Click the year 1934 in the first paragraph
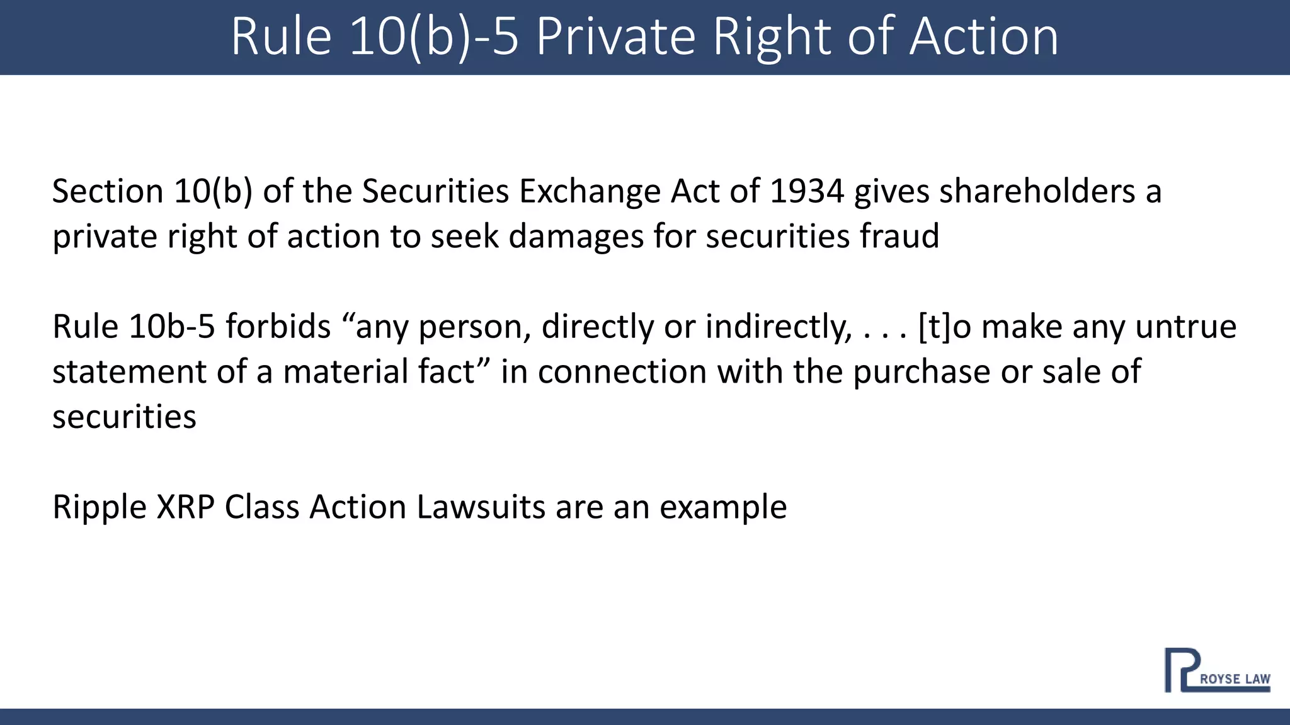806,191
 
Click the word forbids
278,327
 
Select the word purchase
922,372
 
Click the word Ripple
100,507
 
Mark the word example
723,507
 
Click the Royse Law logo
1216,671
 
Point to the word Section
108,191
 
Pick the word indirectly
779,327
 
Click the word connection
622,372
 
